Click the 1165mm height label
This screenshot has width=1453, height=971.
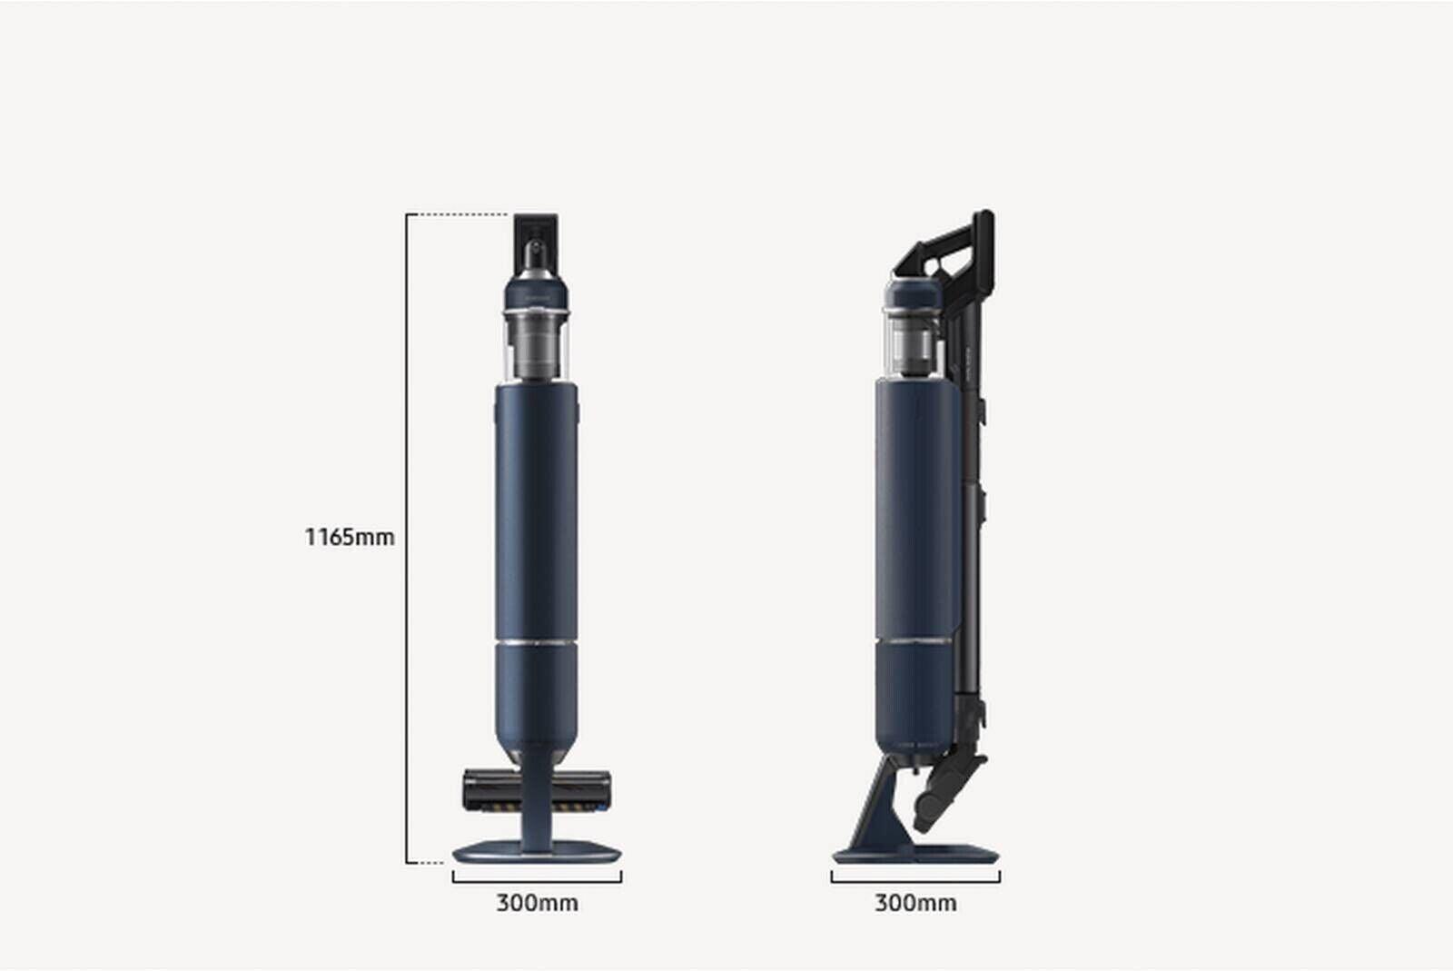[x=349, y=537]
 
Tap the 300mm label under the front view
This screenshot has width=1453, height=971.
[x=537, y=903]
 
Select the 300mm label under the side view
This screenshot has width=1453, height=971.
[x=915, y=903]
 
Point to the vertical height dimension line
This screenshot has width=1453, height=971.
[x=407, y=539]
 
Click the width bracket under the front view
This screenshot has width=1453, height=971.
[x=537, y=881]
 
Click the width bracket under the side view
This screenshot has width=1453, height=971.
[x=915, y=881]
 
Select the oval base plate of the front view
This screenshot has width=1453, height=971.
[x=537, y=852]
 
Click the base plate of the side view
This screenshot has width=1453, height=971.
[x=915, y=854]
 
